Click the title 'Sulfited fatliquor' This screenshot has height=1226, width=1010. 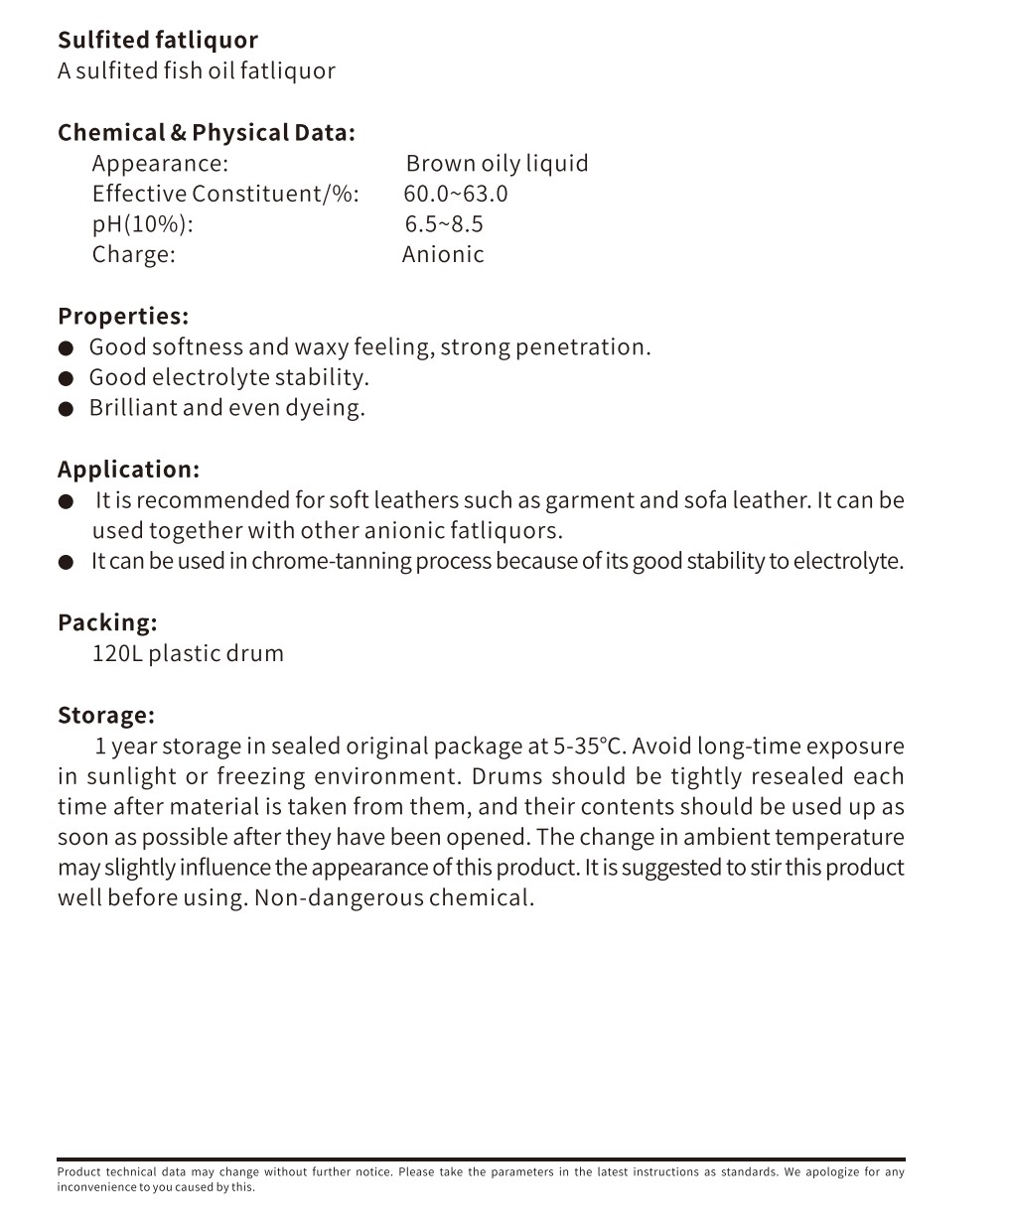tap(157, 41)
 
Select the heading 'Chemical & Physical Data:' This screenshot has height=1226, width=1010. tap(206, 133)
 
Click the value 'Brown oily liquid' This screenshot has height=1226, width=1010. tap(497, 164)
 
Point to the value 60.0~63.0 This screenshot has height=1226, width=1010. tap(456, 194)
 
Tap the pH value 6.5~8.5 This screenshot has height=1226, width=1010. tap(444, 224)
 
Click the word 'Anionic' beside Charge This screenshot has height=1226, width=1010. tap(443, 254)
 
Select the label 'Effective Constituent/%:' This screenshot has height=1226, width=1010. tap(225, 194)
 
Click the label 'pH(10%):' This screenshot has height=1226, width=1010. tap(142, 224)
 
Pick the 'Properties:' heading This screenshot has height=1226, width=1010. tap(123, 317)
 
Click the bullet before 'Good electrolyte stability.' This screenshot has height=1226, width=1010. tap(67, 378)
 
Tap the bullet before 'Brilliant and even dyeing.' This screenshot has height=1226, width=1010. tap(67, 408)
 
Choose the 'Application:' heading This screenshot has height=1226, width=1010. tap(128, 470)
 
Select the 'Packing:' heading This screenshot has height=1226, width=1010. tap(107, 623)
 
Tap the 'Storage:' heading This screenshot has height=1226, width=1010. tap(106, 716)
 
